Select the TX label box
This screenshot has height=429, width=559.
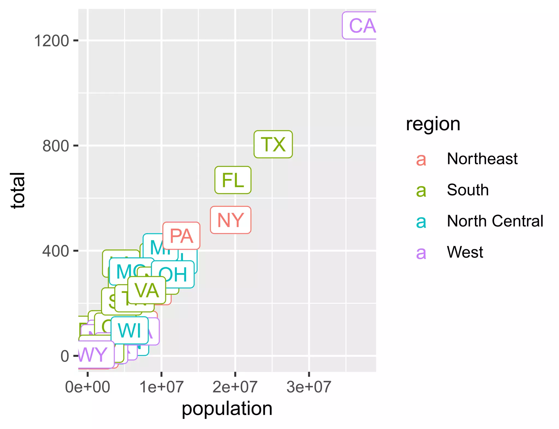[x=273, y=144]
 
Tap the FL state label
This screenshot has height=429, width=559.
[x=233, y=180]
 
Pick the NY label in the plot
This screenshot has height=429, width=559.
[x=231, y=220]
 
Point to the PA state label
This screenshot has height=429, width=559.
[x=182, y=236]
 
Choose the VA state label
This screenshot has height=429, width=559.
[x=147, y=290]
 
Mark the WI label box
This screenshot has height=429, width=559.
[x=130, y=330]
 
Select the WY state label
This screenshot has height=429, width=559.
[x=94, y=354]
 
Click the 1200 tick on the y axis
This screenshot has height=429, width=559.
[x=51, y=41]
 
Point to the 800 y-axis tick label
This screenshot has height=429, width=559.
[x=55, y=146]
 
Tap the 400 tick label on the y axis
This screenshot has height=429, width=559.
[x=55, y=251]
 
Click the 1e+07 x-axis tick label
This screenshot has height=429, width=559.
[x=161, y=387]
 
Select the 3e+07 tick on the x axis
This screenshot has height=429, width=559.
[x=309, y=387]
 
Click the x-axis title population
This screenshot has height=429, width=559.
[x=227, y=409]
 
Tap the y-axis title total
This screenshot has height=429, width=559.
[x=18, y=190]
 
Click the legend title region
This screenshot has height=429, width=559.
[x=433, y=124]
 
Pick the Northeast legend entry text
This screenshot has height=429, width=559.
[x=482, y=159]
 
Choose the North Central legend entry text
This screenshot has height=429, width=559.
[x=495, y=221]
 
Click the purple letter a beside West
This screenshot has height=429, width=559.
[x=421, y=252]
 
